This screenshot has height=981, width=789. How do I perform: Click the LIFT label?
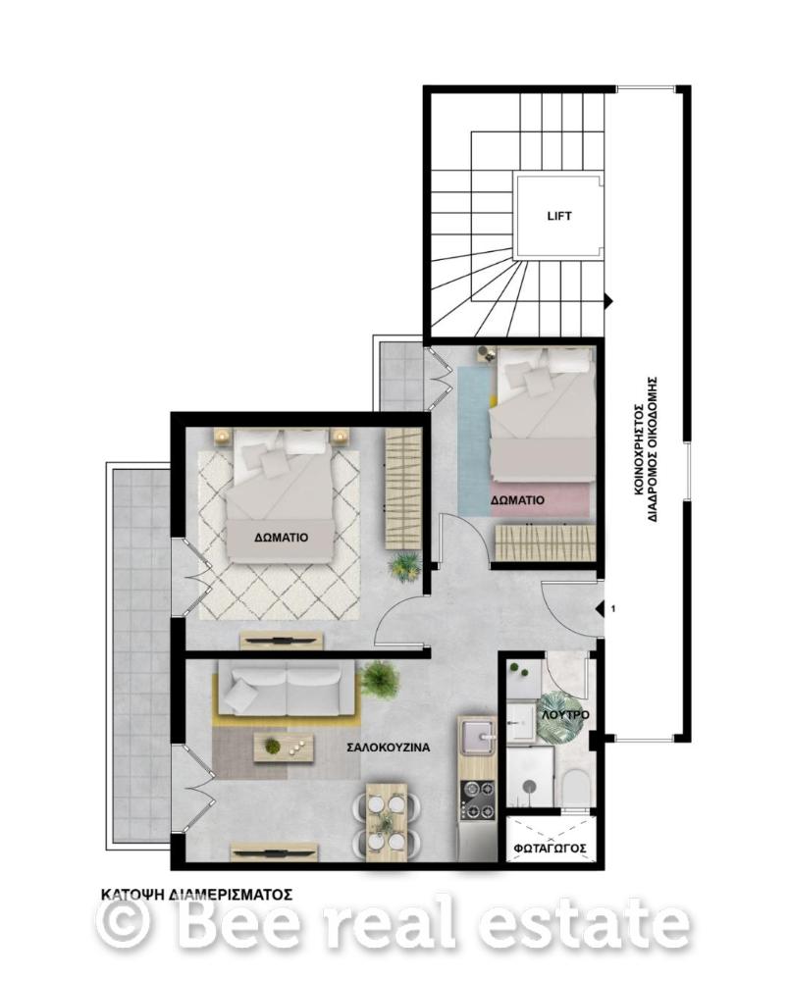558,217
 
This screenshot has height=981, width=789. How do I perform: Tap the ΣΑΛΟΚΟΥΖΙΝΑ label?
389,747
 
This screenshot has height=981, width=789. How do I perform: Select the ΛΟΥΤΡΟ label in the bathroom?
565,714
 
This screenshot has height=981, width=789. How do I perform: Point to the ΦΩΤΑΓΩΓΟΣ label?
550,848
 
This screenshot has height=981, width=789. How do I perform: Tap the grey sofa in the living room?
287,690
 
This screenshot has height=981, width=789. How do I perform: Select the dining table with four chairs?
386,818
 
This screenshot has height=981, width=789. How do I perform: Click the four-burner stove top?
477,801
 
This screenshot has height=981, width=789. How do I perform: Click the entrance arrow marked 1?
599,607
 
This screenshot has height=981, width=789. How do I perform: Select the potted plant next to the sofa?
379,678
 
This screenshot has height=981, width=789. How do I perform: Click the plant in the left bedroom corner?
403,565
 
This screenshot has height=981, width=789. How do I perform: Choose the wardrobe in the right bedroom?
544,542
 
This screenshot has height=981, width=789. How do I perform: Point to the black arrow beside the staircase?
606,300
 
